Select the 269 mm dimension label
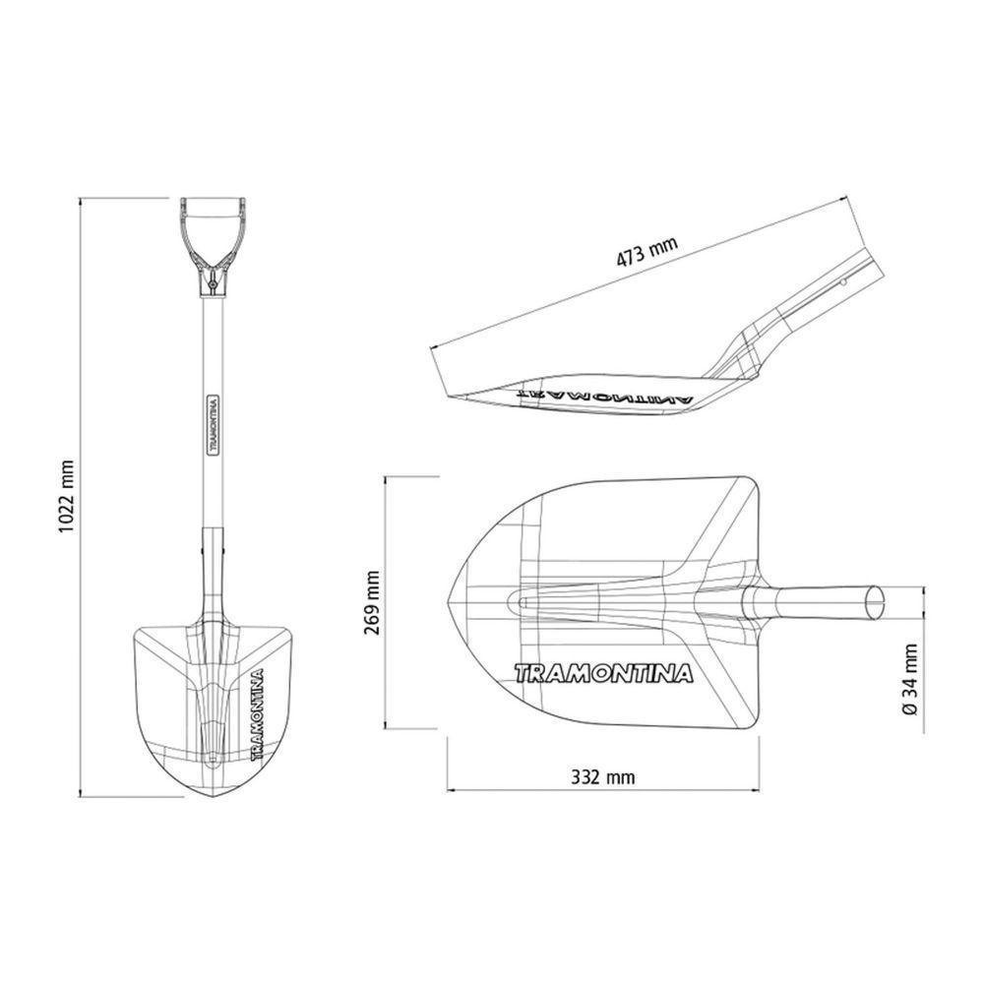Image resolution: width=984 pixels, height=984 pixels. pyautogui.click(x=372, y=602)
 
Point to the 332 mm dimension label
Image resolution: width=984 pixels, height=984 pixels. pyautogui.click(x=602, y=777)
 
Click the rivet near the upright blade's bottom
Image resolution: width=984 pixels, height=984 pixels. pyautogui.click(x=214, y=759)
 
